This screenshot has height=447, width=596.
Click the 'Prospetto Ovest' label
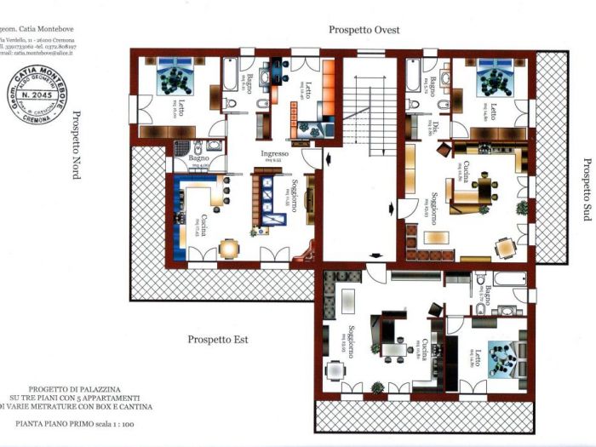(x=366, y=29)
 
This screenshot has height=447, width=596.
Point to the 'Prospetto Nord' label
(x=76, y=145)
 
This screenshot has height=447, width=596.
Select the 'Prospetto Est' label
(x=217, y=340)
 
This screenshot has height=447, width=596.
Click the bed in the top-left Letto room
(x=176, y=81)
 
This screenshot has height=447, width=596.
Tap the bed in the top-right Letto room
(x=493, y=81)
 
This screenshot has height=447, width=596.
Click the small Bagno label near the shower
(x=198, y=158)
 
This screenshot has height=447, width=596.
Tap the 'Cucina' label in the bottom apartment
(x=423, y=349)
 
